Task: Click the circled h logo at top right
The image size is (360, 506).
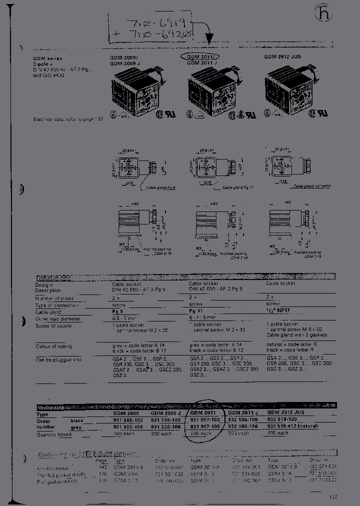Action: [323, 14]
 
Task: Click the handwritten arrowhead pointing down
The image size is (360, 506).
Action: [210, 38]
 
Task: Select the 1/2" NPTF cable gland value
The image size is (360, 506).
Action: [277, 311]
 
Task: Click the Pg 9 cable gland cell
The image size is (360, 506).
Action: [118, 311]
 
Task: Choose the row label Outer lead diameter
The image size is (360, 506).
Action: [57, 318]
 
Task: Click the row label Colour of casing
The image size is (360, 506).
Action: [53, 346]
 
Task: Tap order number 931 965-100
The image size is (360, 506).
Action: [127, 420]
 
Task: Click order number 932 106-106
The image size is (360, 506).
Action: [243, 427]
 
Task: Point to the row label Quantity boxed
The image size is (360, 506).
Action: [53, 434]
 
